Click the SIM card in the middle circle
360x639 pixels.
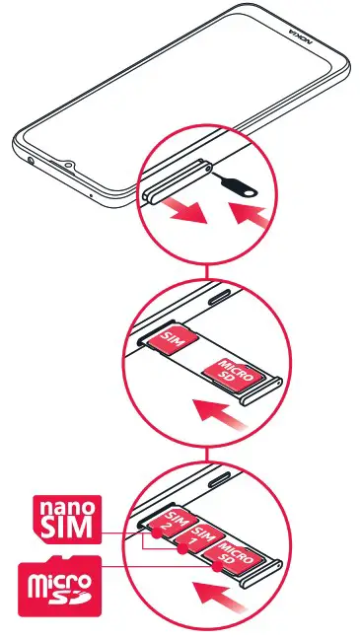(174, 340)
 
